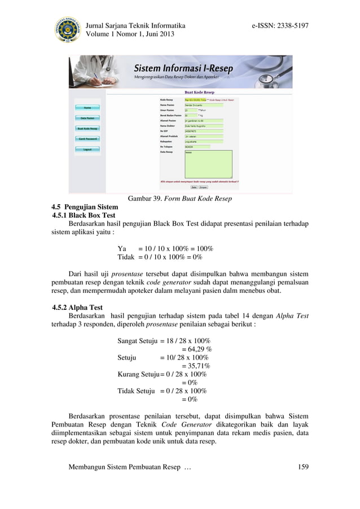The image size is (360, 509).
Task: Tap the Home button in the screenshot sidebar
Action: [87, 107]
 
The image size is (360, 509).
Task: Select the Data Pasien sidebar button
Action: [87, 118]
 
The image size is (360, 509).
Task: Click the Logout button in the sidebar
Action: [87, 149]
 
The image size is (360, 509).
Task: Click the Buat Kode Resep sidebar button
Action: [87, 128]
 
